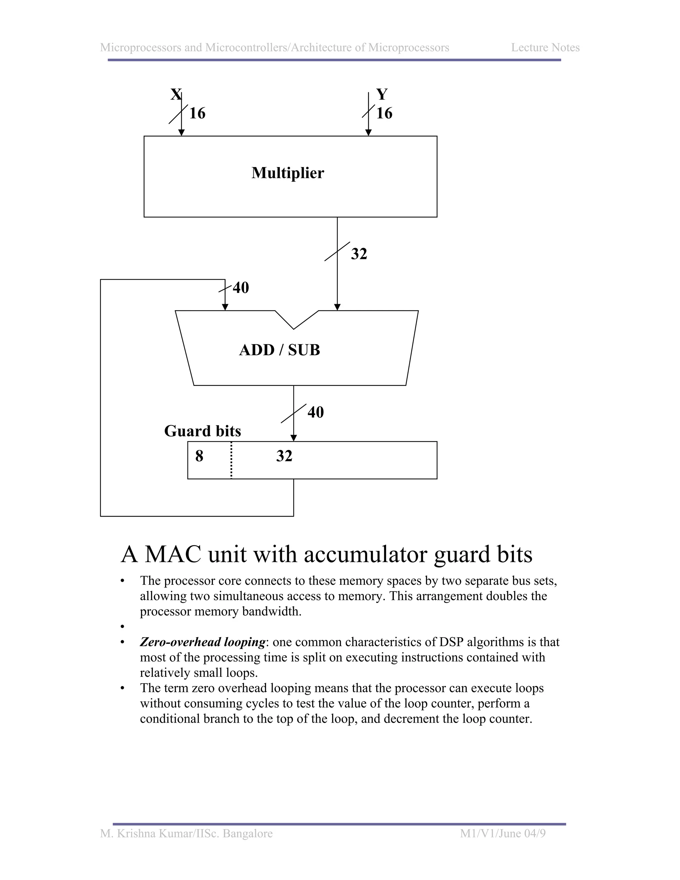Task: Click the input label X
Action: tap(176, 94)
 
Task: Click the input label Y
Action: tap(382, 94)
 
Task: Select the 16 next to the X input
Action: tap(198, 113)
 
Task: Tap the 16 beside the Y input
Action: tap(384, 113)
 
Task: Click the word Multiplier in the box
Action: tap(288, 173)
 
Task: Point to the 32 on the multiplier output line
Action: tap(359, 254)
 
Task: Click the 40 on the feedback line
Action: tap(241, 288)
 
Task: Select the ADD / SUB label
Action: tap(280, 350)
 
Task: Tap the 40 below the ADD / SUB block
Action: tap(315, 412)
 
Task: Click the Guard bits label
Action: tap(203, 431)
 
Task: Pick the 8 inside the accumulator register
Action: tap(199, 456)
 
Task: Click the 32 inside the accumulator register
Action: tap(284, 456)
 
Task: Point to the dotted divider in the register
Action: tap(231, 460)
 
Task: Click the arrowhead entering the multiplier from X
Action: tap(181, 132)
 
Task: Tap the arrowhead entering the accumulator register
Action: tap(294, 438)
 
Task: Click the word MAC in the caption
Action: tap(173, 555)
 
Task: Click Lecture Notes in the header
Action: tap(545, 47)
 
